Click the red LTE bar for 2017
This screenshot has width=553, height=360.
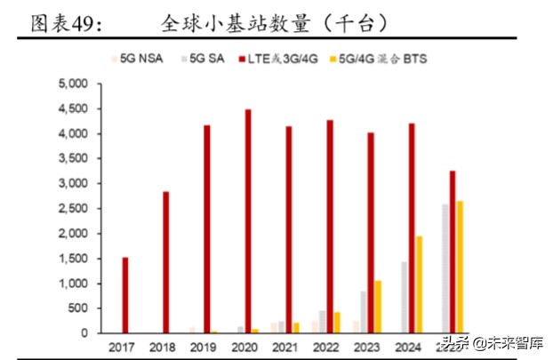pos(125,296)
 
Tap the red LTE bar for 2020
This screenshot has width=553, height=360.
pos(248,221)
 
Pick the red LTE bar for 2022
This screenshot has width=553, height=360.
pos(330,227)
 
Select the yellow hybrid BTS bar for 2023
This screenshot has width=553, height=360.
pos(378,307)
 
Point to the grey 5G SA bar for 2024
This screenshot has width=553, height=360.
pos(405,298)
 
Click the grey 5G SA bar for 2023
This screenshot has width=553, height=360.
pos(363,312)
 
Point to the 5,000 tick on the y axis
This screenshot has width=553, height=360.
pos(71,84)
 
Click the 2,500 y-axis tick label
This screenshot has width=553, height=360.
pos(71,209)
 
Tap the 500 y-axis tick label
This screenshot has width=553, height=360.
pos(76,308)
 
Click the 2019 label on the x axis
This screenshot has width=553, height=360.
pos(204,347)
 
